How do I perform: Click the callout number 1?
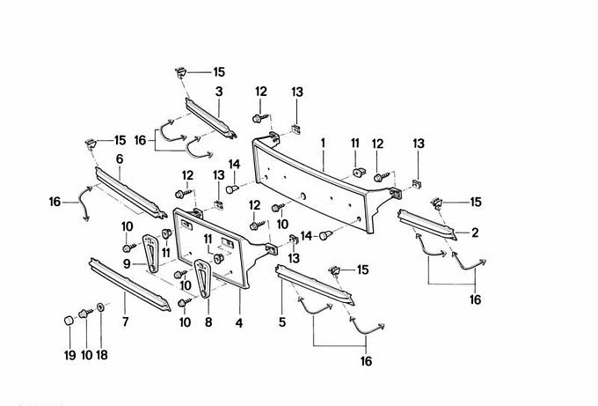(x=323, y=142)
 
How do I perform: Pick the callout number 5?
(x=282, y=322)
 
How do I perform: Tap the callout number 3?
(x=218, y=91)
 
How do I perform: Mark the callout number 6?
(x=119, y=159)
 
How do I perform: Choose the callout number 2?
(x=475, y=233)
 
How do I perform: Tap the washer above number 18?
(x=101, y=308)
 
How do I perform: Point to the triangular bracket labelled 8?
(x=204, y=280)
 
